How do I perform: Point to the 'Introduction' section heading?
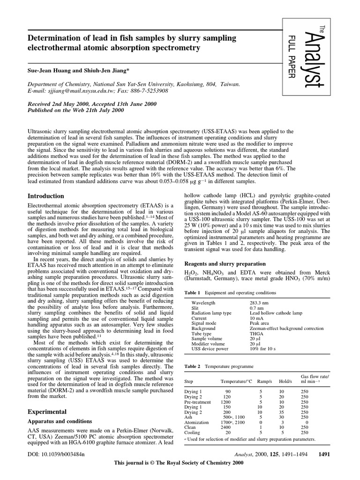[x=46, y=196]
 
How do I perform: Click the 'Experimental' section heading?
[x=47, y=412]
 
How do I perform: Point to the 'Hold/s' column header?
[x=281, y=382]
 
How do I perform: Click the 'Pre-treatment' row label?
[x=197, y=402]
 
